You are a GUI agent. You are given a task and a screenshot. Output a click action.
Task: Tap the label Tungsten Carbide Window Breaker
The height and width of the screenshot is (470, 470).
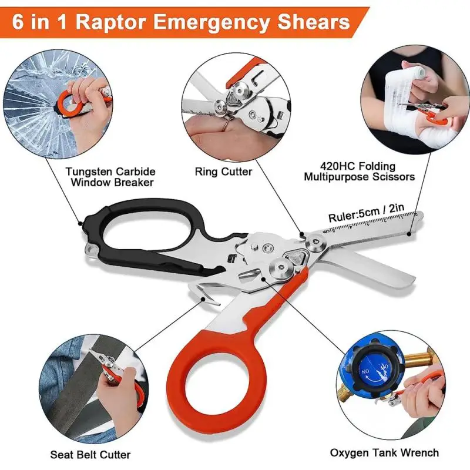point(110,177)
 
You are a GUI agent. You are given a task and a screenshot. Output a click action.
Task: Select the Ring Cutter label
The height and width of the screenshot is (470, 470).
point(223,172)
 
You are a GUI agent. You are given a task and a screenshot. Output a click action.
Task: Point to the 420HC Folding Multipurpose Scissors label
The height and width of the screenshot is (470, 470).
point(359,171)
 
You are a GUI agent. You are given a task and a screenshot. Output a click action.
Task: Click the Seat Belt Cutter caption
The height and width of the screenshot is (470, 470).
point(90,455)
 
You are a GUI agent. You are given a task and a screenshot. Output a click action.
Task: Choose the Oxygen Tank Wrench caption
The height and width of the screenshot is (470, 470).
point(385,452)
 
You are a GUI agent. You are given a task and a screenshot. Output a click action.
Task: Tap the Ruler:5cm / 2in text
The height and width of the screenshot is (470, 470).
point(367,213)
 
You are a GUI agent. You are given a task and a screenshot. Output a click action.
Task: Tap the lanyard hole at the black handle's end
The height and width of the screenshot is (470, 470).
point(92,249)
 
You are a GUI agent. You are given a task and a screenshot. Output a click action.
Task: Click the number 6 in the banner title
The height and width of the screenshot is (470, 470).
point(18,22)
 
